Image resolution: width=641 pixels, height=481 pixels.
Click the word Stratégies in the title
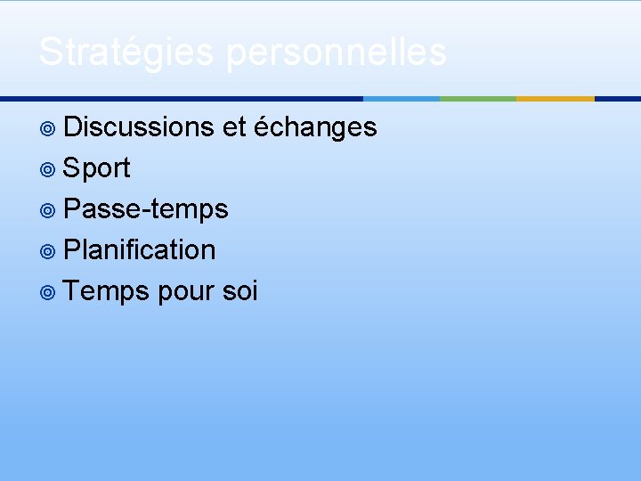coord(126,52)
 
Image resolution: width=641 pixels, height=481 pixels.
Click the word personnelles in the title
coord(336,52)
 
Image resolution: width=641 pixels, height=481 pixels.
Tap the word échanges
coord(315,128)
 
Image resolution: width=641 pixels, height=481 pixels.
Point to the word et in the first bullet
coord(234,127)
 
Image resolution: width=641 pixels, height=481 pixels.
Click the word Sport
coord(97,168)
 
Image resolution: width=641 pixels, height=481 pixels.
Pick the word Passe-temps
coord(146,209)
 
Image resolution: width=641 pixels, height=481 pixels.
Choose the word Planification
coord(140,250)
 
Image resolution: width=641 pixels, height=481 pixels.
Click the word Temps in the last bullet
coord(107,291)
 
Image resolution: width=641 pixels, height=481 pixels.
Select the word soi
coord(240,291)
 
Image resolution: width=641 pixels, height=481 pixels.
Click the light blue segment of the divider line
coord(402,98)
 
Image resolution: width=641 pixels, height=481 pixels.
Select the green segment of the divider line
coord(478,98)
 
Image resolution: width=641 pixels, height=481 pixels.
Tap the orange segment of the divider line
coord(555,98)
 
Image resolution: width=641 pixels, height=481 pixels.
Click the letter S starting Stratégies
coord(50,52)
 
